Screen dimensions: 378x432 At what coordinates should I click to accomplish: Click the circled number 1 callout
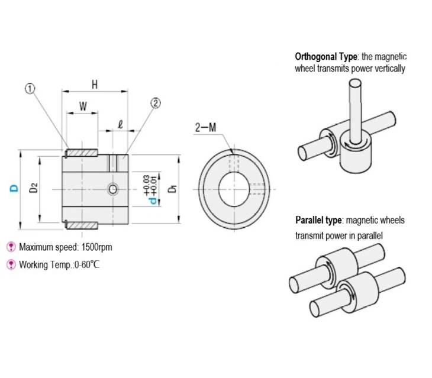30,89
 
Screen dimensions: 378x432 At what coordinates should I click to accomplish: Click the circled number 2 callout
156,104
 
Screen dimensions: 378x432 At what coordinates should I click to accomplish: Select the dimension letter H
95,85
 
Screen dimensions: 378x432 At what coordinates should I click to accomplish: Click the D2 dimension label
34,188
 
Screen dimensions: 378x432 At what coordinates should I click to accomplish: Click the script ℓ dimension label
120,125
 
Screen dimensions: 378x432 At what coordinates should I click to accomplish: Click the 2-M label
205,127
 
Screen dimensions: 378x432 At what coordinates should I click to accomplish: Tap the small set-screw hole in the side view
113,189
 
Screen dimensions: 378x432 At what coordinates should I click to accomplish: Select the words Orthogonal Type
326,57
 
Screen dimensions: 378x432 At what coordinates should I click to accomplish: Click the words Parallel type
318,220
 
